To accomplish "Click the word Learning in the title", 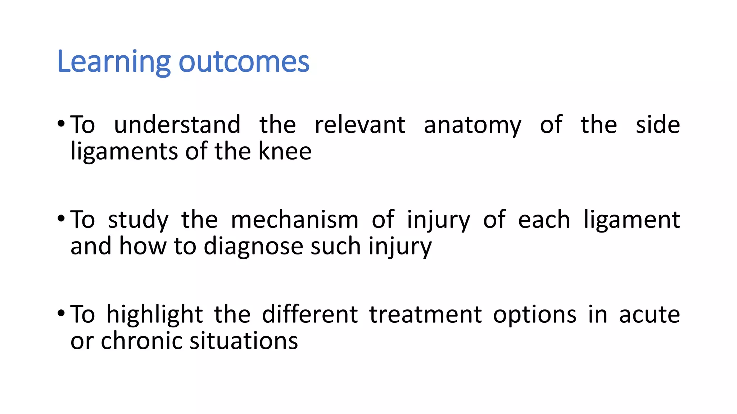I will coord(113,62).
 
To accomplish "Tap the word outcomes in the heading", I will coord(244,62).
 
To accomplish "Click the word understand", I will coord(177,125).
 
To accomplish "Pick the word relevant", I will coord(360,125).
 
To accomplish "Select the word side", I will coord(658,125).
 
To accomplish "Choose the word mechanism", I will coord(294,220).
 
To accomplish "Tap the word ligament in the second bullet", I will coord(632,220).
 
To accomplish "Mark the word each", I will coord(544,220).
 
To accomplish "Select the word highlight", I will coord(155,315).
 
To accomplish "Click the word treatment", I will coord(425,314).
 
